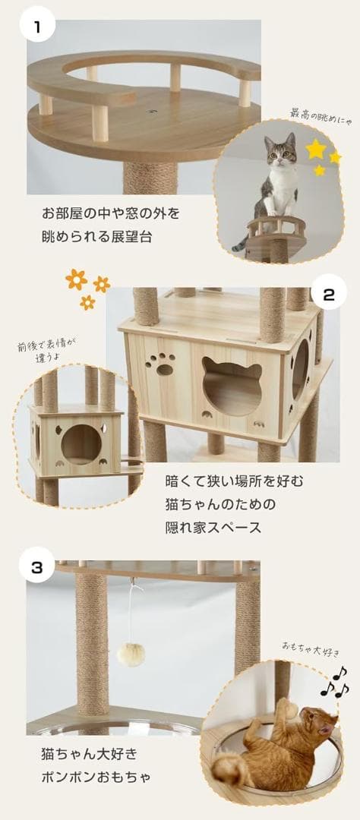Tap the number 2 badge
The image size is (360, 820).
coord(328,295)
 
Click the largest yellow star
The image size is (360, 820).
coord(315,149)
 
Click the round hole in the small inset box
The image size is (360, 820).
coord(81,444)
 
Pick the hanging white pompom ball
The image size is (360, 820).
coord(131,654)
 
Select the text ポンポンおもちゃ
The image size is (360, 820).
coord(96,778)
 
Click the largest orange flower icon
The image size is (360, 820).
coord(76,279)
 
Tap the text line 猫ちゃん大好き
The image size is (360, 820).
coord(90,754)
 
